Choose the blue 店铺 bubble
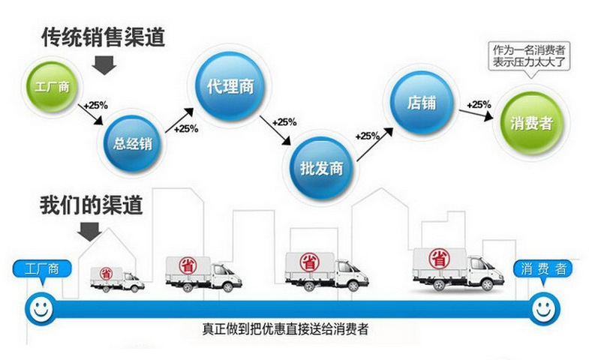[421, 100]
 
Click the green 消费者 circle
[530, 121]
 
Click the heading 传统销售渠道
[104, 37]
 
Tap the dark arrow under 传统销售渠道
[106, 65]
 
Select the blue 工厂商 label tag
[42, 268]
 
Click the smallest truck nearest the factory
[116, 277]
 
